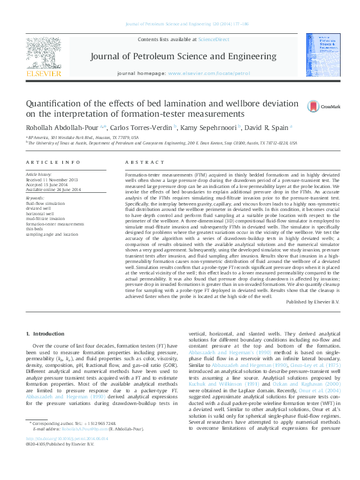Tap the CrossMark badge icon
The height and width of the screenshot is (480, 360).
313,106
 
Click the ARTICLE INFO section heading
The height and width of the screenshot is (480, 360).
53,163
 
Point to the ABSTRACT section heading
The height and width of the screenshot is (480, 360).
142,163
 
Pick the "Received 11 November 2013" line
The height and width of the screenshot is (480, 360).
52,180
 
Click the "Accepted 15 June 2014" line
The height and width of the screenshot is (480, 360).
48,185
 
